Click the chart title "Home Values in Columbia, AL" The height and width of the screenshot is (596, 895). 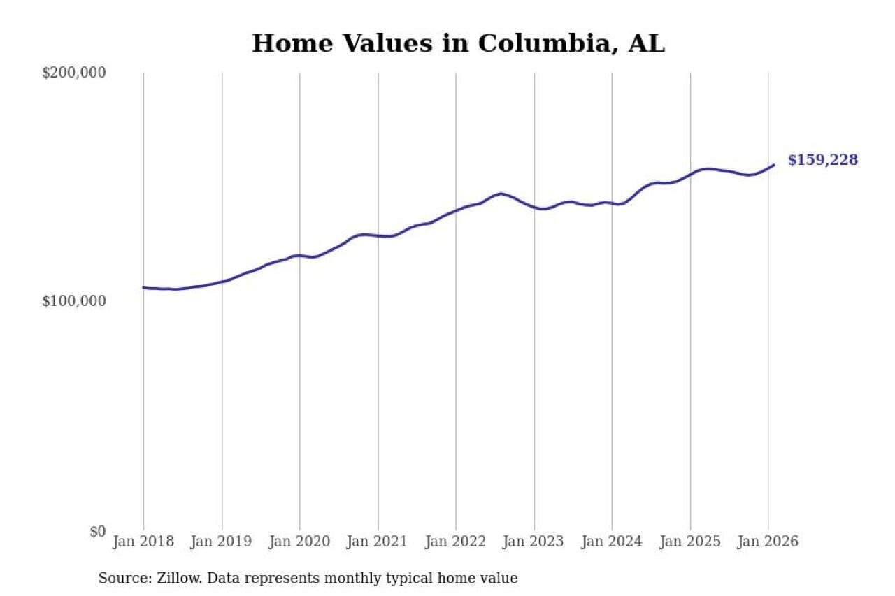tap(458, 43)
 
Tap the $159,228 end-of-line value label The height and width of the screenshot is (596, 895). tap(822, 160)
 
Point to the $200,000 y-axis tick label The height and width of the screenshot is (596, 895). tap(73, 73)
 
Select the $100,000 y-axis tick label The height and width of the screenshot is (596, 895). tap(73, 301)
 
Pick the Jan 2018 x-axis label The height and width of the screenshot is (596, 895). tap(143, 542)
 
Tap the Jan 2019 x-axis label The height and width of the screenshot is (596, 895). tap(222, 542)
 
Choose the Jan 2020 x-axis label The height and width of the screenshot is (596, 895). tap(300, 542)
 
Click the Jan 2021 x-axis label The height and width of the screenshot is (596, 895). tap(378, 542)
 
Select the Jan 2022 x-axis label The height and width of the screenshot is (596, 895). tap(456, 542)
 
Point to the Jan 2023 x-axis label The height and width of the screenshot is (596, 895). tap(534, 542)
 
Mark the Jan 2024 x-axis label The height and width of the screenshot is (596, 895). tap(612, 542)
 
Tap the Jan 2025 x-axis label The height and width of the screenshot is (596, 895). tap(690, 542)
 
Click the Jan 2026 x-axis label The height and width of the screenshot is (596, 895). tap(768, 542)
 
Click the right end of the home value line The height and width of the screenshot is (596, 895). tap(773, 165)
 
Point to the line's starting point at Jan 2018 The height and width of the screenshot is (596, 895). tap(143, 287)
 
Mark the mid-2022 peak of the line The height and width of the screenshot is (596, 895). tap(501, 194)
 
